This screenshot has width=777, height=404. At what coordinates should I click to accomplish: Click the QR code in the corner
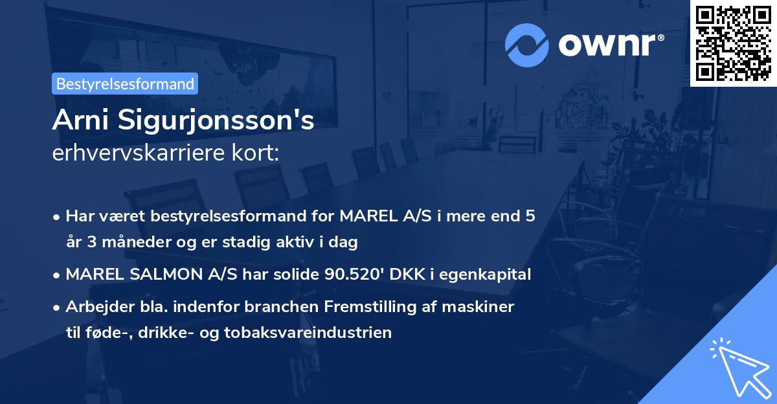pyautogui.click(x=733, y=43)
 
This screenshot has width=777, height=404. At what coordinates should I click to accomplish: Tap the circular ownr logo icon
pyautogui.click(x=528, y=45)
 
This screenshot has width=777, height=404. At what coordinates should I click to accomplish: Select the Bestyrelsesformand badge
pyautogui.click(x=125, y=84)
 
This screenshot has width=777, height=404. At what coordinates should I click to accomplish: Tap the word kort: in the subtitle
pyautogui.click(x=258, y=153)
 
